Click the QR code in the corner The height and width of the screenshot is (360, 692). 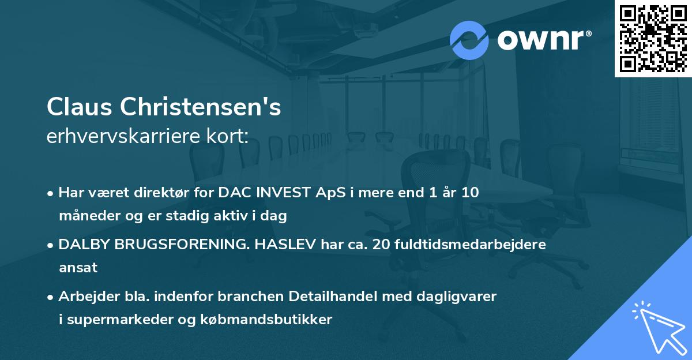tap(653, 39)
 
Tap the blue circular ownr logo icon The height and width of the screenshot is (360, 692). tap(469, 40)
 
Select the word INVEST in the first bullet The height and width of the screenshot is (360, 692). tap(281, 193)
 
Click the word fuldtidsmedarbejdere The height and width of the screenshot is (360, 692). tap(473, 245)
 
